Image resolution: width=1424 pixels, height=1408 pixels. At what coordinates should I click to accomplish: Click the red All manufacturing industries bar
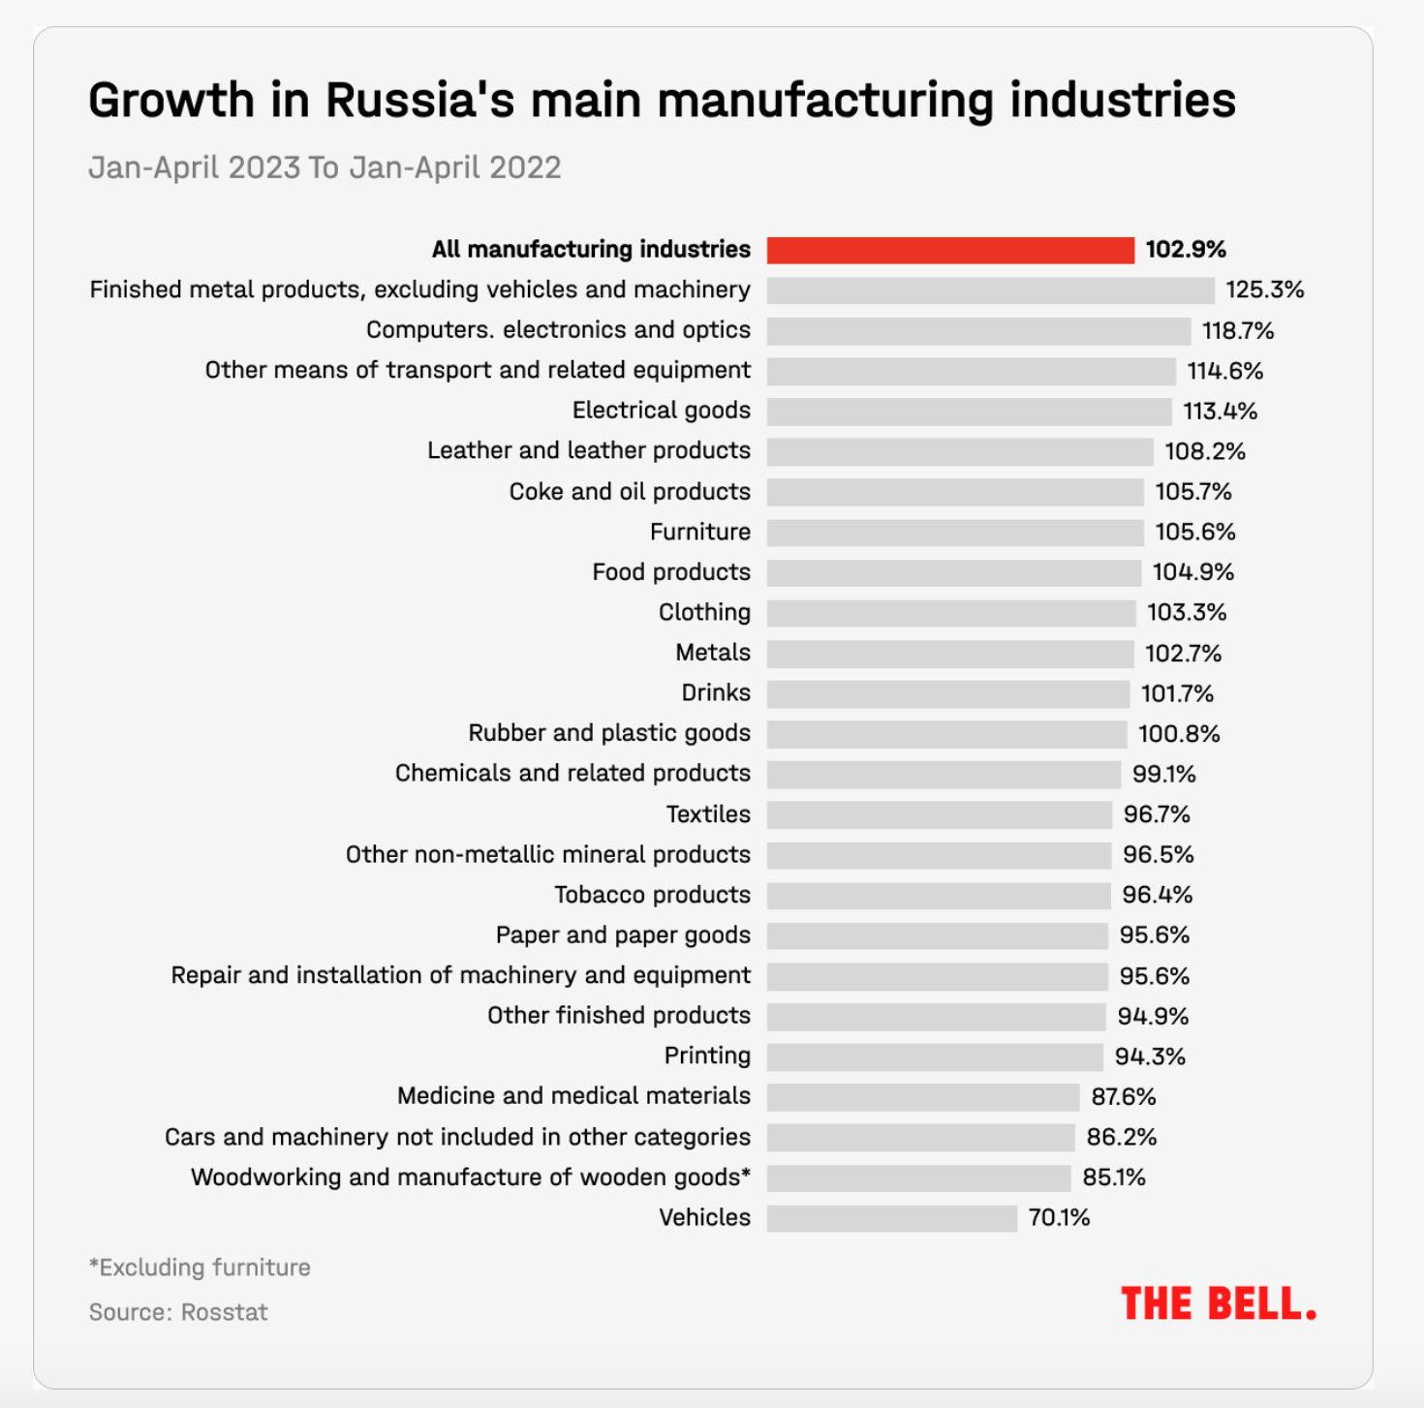point(949,250)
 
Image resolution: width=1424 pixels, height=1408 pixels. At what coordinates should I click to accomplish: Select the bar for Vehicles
point(891,1218)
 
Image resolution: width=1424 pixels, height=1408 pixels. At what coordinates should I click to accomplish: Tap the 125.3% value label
point(1264,290)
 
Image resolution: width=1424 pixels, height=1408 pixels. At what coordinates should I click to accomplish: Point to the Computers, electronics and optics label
point(558,330)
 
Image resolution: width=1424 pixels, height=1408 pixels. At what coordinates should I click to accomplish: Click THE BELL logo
point(1219,1304)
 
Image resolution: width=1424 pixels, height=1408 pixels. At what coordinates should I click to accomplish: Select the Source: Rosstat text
point(178,1312)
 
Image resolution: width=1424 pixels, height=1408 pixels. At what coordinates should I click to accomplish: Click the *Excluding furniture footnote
point(200,1268)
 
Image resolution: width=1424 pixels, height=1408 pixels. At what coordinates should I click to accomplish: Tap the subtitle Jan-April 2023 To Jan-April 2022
point(325,168)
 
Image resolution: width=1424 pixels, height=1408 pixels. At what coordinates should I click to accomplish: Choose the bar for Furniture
point(955,533)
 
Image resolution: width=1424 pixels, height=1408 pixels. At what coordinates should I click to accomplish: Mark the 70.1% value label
point(1059,1217)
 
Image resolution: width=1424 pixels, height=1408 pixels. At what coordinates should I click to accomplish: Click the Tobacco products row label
point(652,895)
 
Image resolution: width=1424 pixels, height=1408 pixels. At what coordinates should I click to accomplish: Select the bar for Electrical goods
point(969,412)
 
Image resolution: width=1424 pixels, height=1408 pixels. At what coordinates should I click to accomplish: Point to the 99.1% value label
point(1163,774)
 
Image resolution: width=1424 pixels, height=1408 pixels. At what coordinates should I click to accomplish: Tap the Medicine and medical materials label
point(573,1096)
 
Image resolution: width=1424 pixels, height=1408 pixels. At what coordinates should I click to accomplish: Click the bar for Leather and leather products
point(959,451)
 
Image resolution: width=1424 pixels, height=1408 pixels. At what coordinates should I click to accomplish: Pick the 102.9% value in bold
point(1186,250)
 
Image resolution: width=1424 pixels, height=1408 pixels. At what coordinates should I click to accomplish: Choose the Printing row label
point(707,1056)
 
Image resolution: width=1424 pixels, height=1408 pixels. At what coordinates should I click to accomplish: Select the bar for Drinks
point(947,693)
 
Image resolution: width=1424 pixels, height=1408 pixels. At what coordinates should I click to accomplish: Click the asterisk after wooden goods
point(746,1174)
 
